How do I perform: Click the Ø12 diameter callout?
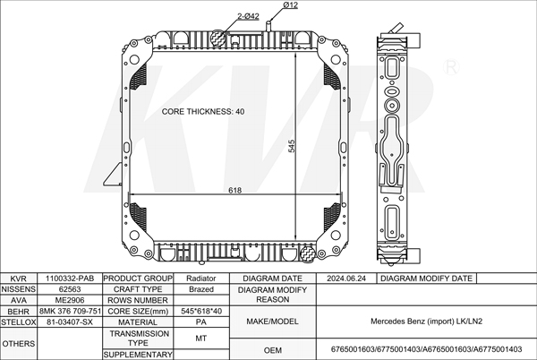[290, 5]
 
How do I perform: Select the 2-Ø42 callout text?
[248, 16]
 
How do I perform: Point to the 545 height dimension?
[292, 146]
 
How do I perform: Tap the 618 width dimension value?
[234, 190]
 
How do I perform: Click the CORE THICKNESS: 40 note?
[203, 112]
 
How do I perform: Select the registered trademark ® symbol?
[451, 67]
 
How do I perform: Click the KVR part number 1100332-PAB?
[70, 279]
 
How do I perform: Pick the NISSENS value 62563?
[70, 289]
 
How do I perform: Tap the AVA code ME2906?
[70, 300]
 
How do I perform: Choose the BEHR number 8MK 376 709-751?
[70, 312]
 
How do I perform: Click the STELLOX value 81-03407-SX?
[70, 322]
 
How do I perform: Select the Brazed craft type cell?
[201, 289]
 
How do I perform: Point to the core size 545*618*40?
[201, 312]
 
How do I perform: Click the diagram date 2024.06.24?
[346, 279]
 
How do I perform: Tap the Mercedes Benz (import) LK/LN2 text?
[426, 321]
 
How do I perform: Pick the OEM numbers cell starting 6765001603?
[426, 349]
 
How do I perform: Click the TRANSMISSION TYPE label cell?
[139, 339]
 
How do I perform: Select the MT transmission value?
[201, 339]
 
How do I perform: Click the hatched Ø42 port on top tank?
[217, 38]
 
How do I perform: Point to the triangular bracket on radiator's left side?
[113, 175]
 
